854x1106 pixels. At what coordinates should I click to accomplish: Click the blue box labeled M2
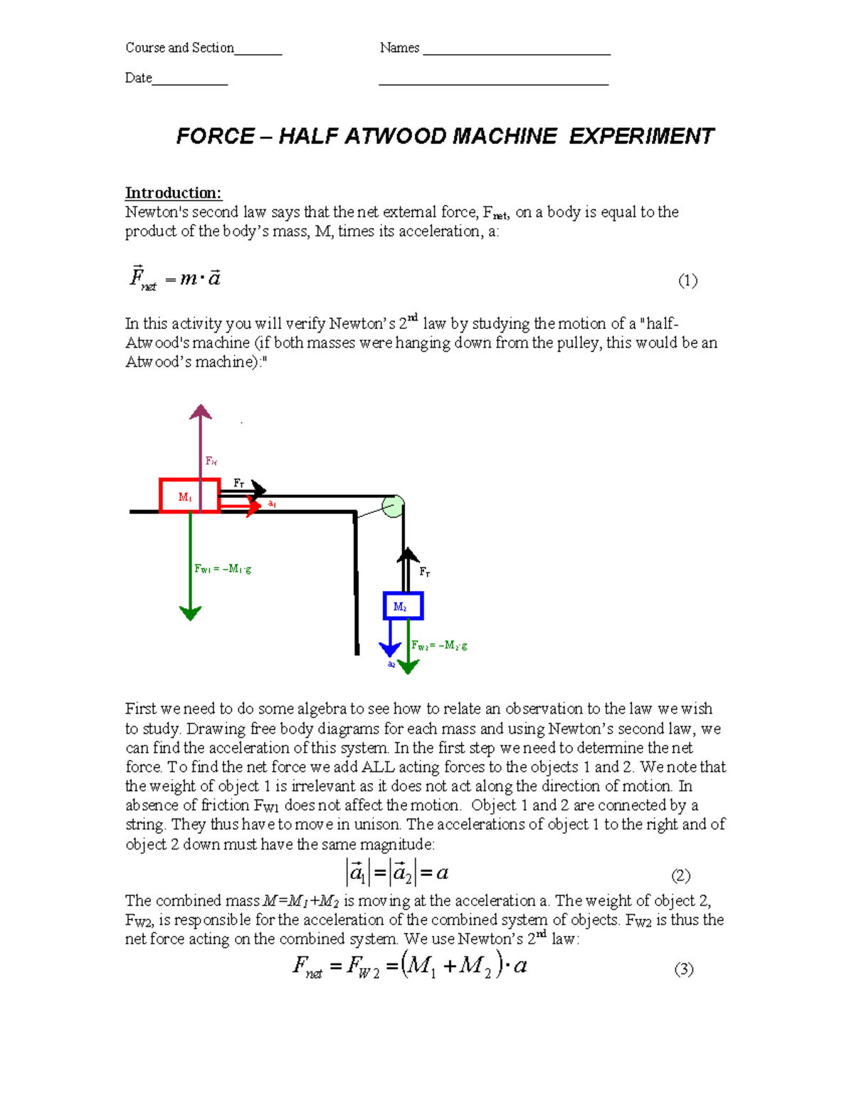click(403, 606)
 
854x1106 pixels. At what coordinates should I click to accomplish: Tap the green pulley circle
click(393, 506)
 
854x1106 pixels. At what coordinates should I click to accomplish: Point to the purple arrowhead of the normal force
click(201, 412)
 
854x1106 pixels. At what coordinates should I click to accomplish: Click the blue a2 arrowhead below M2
click(390, 649)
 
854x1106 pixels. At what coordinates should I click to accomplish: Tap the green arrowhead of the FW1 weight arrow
click(190, 612)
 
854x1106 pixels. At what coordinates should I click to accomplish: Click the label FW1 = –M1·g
click(223, 569)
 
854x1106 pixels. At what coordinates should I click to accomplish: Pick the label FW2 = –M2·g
click(439, 646)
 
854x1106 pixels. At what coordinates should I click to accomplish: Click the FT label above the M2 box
click(424, 572)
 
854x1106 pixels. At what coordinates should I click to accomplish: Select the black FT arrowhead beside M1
click(258, 489)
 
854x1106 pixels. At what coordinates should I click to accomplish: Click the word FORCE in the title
click(215, 136)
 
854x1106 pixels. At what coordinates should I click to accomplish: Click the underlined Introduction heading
click(173, 193)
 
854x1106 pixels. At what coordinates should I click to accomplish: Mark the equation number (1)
click(687, 281)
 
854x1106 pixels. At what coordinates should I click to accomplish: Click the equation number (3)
click(684, 969)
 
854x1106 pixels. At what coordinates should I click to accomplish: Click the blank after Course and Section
click(258, 52)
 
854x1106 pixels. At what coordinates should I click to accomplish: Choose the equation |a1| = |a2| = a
click(397, 873)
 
